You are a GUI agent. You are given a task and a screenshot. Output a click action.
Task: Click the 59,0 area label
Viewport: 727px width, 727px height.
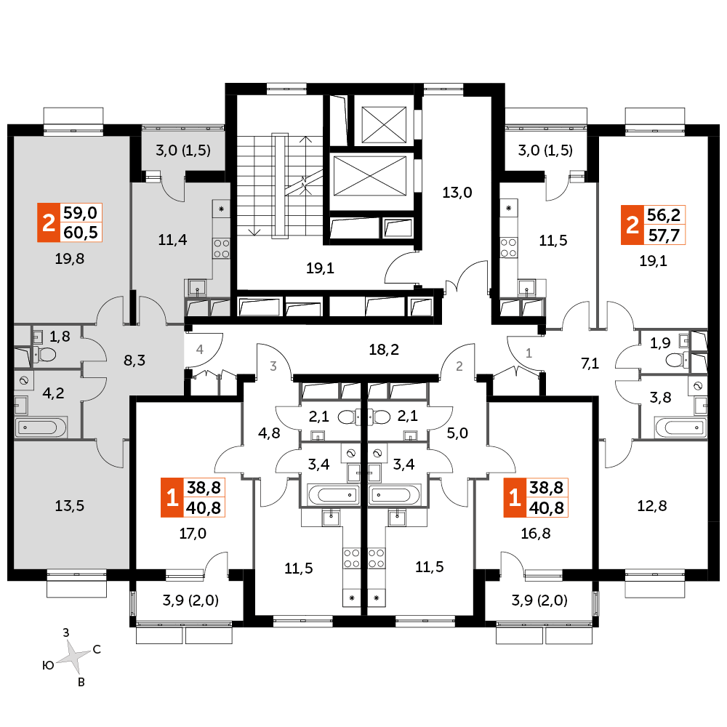[x=80, y=213]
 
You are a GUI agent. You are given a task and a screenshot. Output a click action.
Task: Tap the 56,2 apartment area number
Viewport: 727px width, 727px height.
[x=664, y=214]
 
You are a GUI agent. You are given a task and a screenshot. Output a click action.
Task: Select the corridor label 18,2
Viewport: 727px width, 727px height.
[x=384, y=350]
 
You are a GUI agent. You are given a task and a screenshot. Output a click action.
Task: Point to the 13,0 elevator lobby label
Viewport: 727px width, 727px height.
[x=457, y=193]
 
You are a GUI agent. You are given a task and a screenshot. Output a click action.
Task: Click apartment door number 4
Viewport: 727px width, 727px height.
[x=200, y=349]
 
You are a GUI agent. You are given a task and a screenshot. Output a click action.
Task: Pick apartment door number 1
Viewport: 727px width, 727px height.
[x=529, y=353]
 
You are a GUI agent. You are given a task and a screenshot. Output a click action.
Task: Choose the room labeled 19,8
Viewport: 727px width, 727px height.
[x=70, y=259]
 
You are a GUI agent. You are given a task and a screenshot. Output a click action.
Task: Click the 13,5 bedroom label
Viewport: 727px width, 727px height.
[x=70, y=506]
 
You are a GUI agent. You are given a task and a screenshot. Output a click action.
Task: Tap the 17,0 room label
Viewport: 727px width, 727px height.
[x=193, y=534]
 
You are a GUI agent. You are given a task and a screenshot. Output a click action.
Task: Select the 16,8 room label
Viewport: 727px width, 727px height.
[x=536, y=534]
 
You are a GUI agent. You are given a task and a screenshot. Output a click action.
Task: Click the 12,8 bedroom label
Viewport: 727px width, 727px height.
[x=652, y=506]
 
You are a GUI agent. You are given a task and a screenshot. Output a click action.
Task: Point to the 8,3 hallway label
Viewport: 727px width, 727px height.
[x=134, y=361]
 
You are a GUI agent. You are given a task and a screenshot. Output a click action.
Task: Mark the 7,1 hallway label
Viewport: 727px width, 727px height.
[x=590, y=363]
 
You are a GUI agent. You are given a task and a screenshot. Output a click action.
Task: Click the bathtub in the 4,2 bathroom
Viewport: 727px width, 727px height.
[x=41, y=427]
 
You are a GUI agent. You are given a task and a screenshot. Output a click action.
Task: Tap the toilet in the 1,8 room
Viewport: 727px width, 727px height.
[x=44, y=356]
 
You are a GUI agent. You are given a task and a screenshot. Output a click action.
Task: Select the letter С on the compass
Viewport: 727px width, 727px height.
[x=97, y=649]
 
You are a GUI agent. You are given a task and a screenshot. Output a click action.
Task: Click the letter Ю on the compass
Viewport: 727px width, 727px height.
[x=48, y=666]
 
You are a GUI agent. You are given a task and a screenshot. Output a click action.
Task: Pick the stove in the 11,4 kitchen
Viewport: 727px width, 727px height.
[x=222, y=248]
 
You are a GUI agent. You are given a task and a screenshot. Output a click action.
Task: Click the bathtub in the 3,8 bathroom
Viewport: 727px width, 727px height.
[x=680, y=427]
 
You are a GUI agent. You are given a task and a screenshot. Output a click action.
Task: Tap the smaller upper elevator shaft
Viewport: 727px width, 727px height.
[x=384, y=124]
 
